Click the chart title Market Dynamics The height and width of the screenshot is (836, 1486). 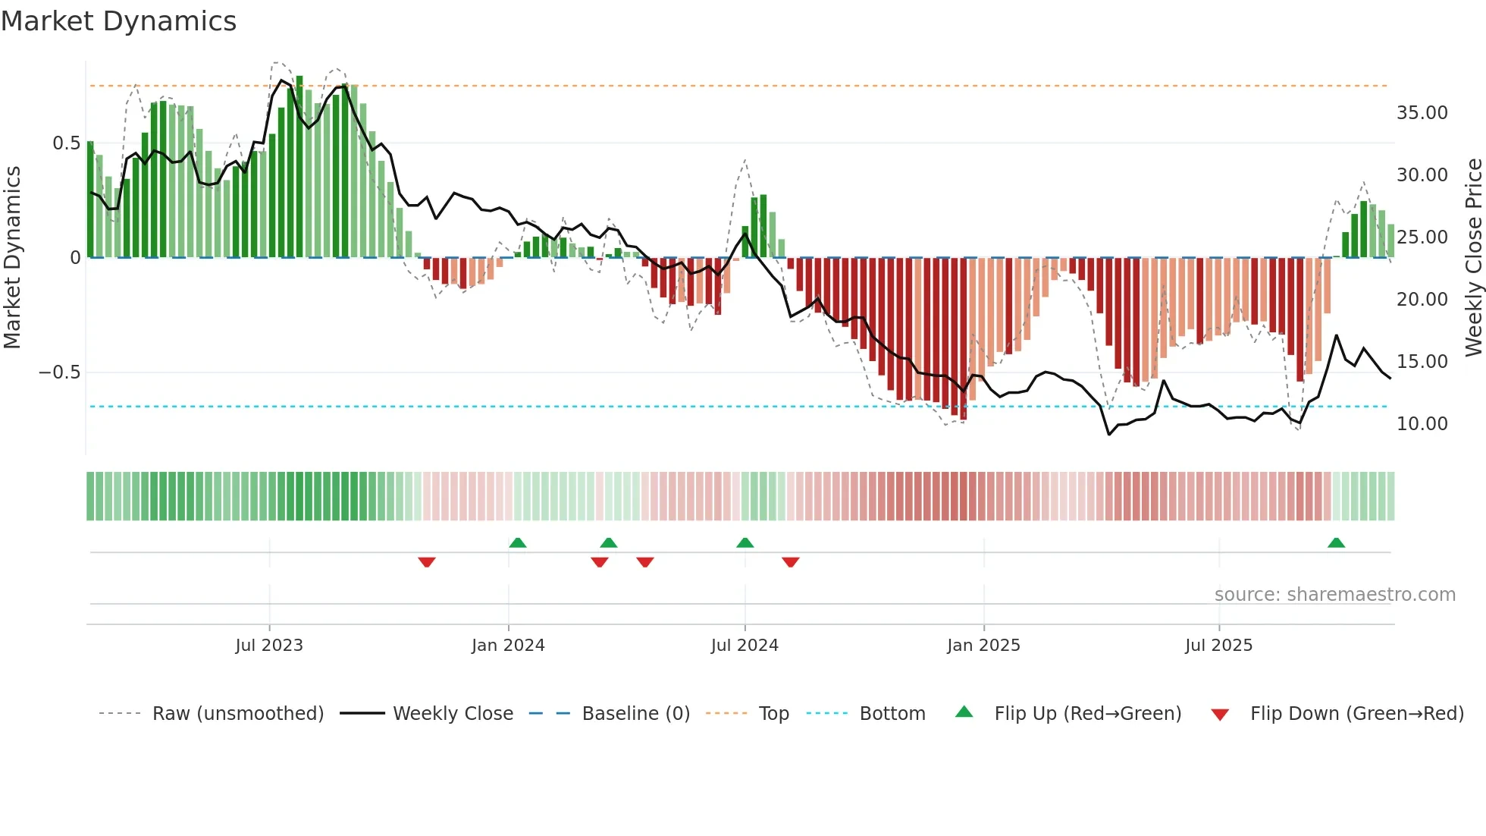(118, 21)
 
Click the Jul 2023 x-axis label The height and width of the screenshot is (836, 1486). (269, 646)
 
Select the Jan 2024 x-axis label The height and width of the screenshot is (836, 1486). (508, 646)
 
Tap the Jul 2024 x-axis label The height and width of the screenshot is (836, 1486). (745, 646)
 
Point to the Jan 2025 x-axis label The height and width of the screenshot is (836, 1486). (983, 646)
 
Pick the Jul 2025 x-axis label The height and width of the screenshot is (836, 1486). (1219, 646)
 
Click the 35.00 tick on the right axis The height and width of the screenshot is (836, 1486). (1422, 113)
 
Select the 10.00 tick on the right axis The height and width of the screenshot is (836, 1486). (1422, 424)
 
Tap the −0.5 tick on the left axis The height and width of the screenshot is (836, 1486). (59, 372)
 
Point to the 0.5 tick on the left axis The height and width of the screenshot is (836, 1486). (66, 143)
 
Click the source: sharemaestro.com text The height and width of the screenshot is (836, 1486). (1334, 595)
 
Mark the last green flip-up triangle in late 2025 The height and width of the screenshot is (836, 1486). (1336, 543)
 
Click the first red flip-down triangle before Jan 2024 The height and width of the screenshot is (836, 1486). (427, 562)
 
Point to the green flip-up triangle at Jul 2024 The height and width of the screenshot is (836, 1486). (745, 543)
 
